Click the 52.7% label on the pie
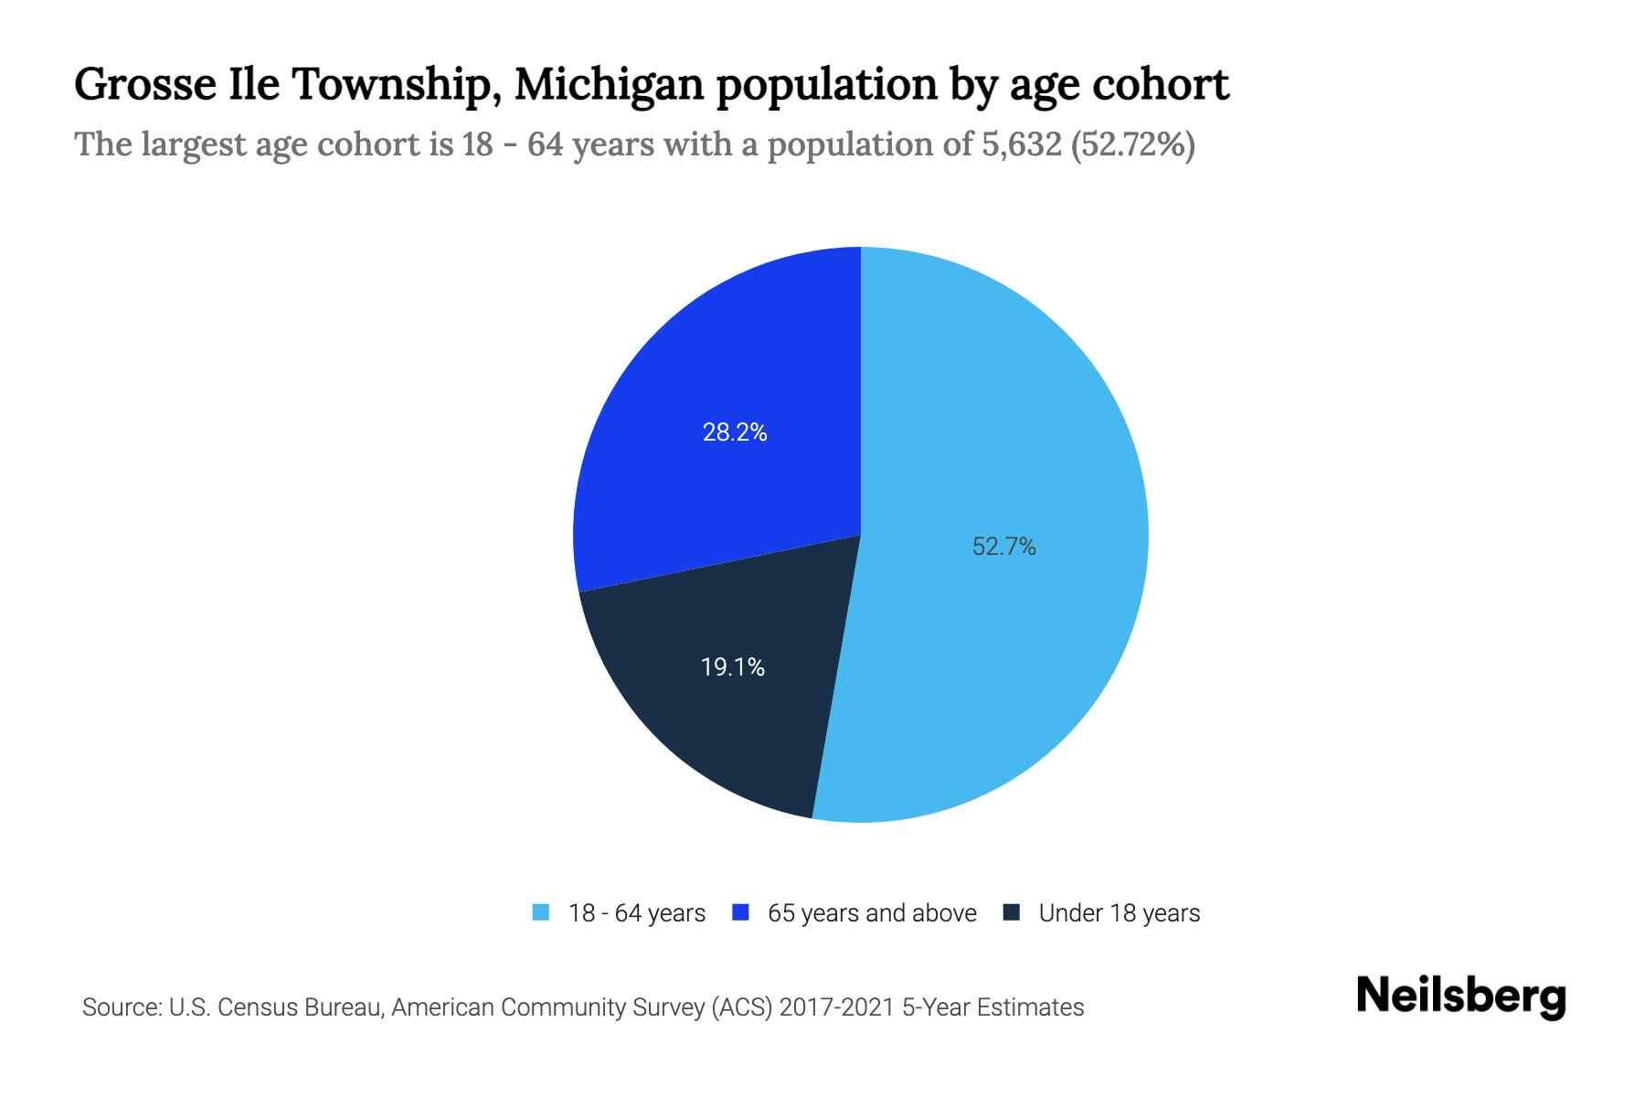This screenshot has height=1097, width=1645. tap(1003, 547)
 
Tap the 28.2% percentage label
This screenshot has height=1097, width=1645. tap(734, 432)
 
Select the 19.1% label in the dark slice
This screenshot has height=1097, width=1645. tap(732, 667)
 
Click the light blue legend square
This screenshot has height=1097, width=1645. tap(541, 912)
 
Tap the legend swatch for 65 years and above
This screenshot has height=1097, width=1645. tap(740, 912)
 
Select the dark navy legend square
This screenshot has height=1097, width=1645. tap(1011, 912)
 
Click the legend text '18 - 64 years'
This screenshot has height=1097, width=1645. tap(636, 913)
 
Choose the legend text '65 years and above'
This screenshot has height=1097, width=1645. tap(872, 913)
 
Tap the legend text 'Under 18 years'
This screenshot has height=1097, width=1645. tap(1119, 913)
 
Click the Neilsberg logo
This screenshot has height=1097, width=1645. tap(1460, 996)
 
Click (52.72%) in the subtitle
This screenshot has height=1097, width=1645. tap(1132, 144)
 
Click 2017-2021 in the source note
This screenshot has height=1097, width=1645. tap(837, 1007)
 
